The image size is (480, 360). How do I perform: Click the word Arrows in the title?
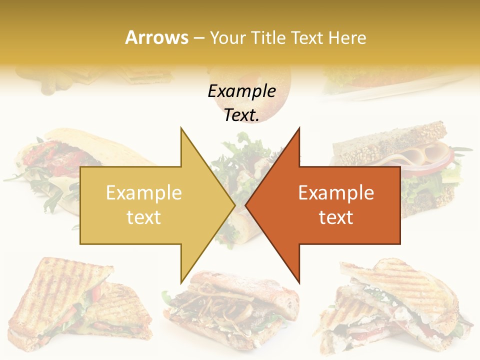click(x=156, y=37)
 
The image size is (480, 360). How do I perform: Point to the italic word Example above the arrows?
click(x=241, y=91)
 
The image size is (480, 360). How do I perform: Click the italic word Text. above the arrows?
click(x=241, y=115)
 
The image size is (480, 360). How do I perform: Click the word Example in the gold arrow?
click(x=143, y=192)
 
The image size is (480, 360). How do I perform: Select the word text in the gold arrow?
click(x=143, y=217)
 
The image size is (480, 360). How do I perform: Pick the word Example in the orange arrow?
click(x=336, y=192)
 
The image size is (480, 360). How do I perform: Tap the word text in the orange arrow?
click(x=336, y=217)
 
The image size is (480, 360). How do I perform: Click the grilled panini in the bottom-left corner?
click(x=75, y=305)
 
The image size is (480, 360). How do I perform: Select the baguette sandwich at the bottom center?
click(x=232, y=305)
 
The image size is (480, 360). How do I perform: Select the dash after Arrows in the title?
click(x=198, y=38)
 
